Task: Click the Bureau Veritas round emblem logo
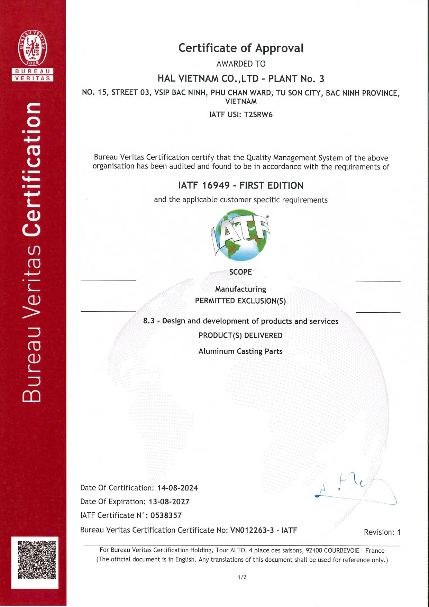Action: coord(33,48)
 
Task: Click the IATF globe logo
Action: coord(241,235)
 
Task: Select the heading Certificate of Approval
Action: coord(241,48)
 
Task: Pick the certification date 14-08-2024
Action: coord(177,488)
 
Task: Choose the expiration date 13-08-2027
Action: coord(169,502)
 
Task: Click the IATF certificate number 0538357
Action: coord(166,516)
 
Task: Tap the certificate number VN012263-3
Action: coord(252,530)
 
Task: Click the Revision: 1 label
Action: coord(382,532)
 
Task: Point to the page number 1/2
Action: coord(242,577)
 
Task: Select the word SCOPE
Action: coord(240,272)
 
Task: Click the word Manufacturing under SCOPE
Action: coord(240,289)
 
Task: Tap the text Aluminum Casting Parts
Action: coord(240,351)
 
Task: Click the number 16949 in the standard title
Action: coord(216,186)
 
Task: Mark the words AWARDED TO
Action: coord(241,64)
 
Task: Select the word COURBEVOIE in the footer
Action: coord(341,551)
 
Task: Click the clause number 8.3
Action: coord(149,321)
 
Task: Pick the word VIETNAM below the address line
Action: coord(241,102)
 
